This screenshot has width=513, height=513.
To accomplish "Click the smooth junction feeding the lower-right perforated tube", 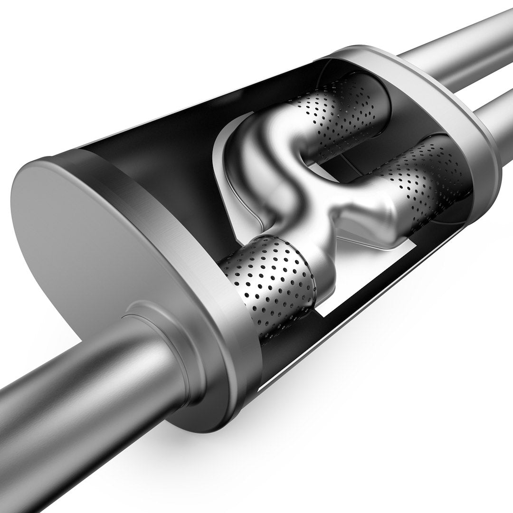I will tap(375, 218).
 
